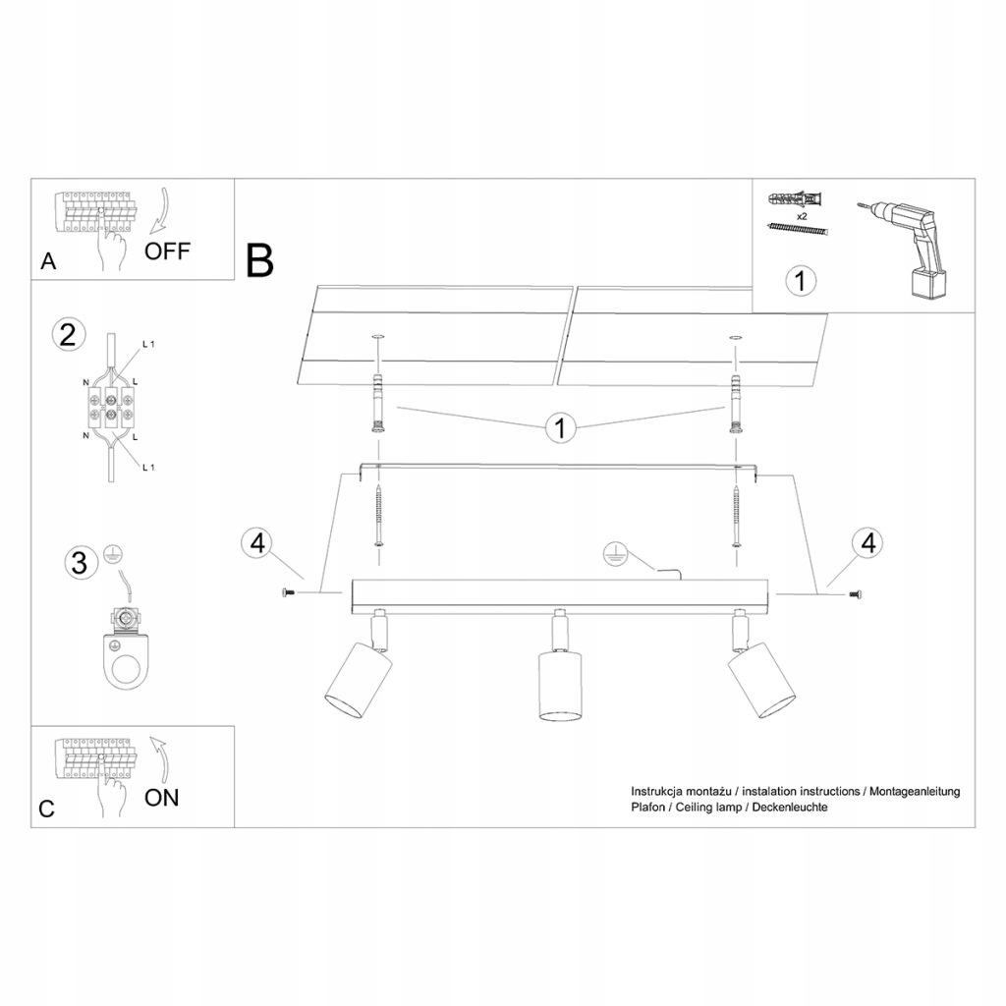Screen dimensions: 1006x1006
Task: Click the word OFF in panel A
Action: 168,250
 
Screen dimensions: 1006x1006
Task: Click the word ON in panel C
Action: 162,797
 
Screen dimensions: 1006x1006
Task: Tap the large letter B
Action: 260,259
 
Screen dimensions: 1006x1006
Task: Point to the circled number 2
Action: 67,335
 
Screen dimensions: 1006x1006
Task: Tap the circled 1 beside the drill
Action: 801,281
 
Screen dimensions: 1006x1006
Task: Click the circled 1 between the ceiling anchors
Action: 560,427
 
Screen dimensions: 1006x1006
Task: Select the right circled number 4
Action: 867,543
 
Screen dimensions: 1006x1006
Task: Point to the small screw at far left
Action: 288,592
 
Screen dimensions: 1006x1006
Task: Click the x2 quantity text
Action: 801,215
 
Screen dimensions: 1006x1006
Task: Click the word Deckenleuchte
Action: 795,807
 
